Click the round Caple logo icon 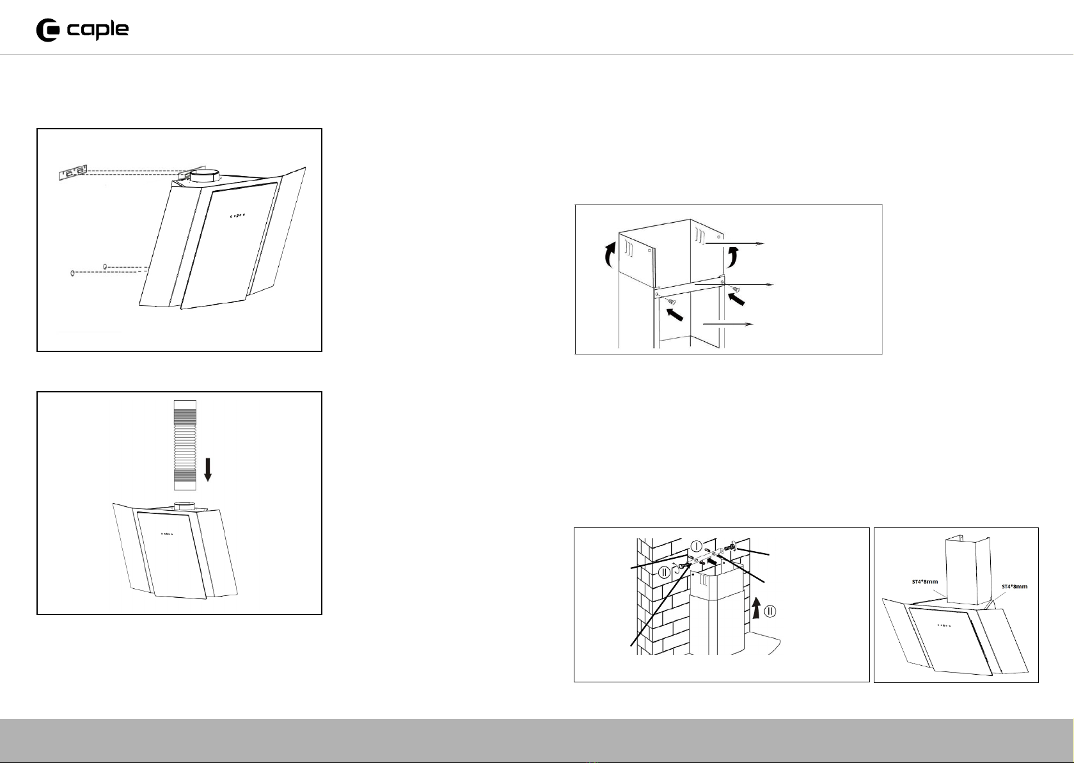point(47,30)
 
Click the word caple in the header point(98,30)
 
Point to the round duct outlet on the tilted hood point(205,175)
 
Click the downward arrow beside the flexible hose point(208,469)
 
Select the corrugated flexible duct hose point(185,445)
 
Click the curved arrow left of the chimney point(609,254)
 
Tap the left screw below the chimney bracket point(671,301)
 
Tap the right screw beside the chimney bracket point(736,289)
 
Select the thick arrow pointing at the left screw point(675,316)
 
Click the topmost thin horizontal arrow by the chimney point(734,244)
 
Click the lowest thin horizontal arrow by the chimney point(728,325)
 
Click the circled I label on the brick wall point(697,546)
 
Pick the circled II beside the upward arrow point(770,611)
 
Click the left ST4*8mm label point(925,582)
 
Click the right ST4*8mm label point(1015,586)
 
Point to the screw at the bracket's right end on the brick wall point(730,547)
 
